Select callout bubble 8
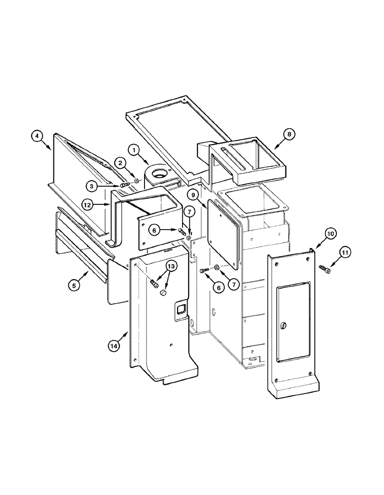click(x=289, y=133)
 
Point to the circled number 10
click(x=330, y=233)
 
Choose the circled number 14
click(x=114, y=346)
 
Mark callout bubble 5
click(x=74, y=285)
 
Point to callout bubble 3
click(x=91, y=186)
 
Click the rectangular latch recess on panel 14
click(x=179, y=309)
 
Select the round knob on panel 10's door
click(x=284, y=325)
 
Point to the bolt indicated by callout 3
click(x=124, y=185)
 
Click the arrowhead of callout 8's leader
click(x=274, y=147)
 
